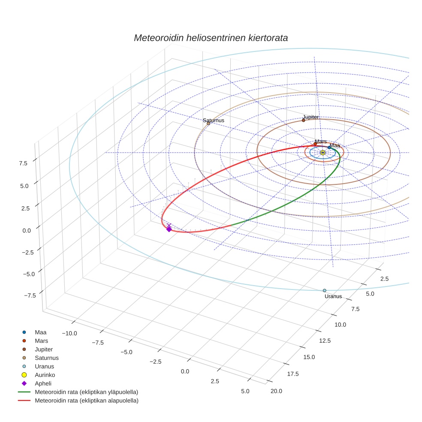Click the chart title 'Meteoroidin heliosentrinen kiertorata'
(211, 38)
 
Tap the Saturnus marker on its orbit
(208, 124)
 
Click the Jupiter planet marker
(303, 120)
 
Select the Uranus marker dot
(325, 290)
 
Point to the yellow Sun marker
(323, 152)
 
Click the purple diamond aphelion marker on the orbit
(169, 229)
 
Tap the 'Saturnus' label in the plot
(214, 121)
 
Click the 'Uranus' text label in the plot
(333, 296)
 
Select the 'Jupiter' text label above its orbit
(310, 117)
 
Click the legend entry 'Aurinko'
(45, 375)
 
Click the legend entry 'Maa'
(40, 332)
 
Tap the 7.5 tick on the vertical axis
(23, 163)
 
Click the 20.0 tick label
(274, 390)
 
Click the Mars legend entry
(41, 341)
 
